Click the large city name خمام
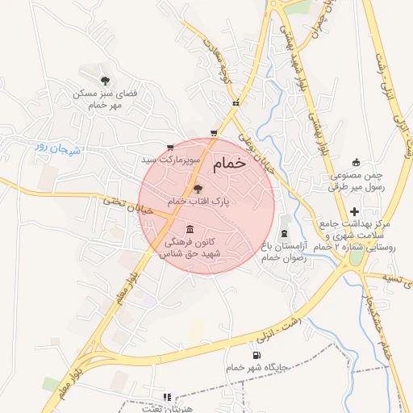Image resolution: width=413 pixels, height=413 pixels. pyautogui.click(x=228, y=164)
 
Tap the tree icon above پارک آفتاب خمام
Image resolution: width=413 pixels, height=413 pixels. pyautogui.click(x=199, y=188)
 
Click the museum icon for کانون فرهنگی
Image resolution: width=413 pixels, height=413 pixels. pyautogui.click(x=190, y=228)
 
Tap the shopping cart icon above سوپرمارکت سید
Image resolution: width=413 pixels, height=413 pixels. pyautogui.click(x=169, y=147)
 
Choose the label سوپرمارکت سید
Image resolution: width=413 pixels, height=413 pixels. pyautogui.click(x=169, y=160)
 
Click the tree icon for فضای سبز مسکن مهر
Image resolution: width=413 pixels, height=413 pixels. pyautogui.click(x=106, y=79)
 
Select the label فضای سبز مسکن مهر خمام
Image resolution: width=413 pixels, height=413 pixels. pyautogui.click(x=106, y=98)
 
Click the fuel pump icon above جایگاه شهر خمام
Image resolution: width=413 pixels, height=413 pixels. pyautogui.click(x=257, y=355)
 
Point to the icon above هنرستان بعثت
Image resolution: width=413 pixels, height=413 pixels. pyautogui.click(x=167, y=397)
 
